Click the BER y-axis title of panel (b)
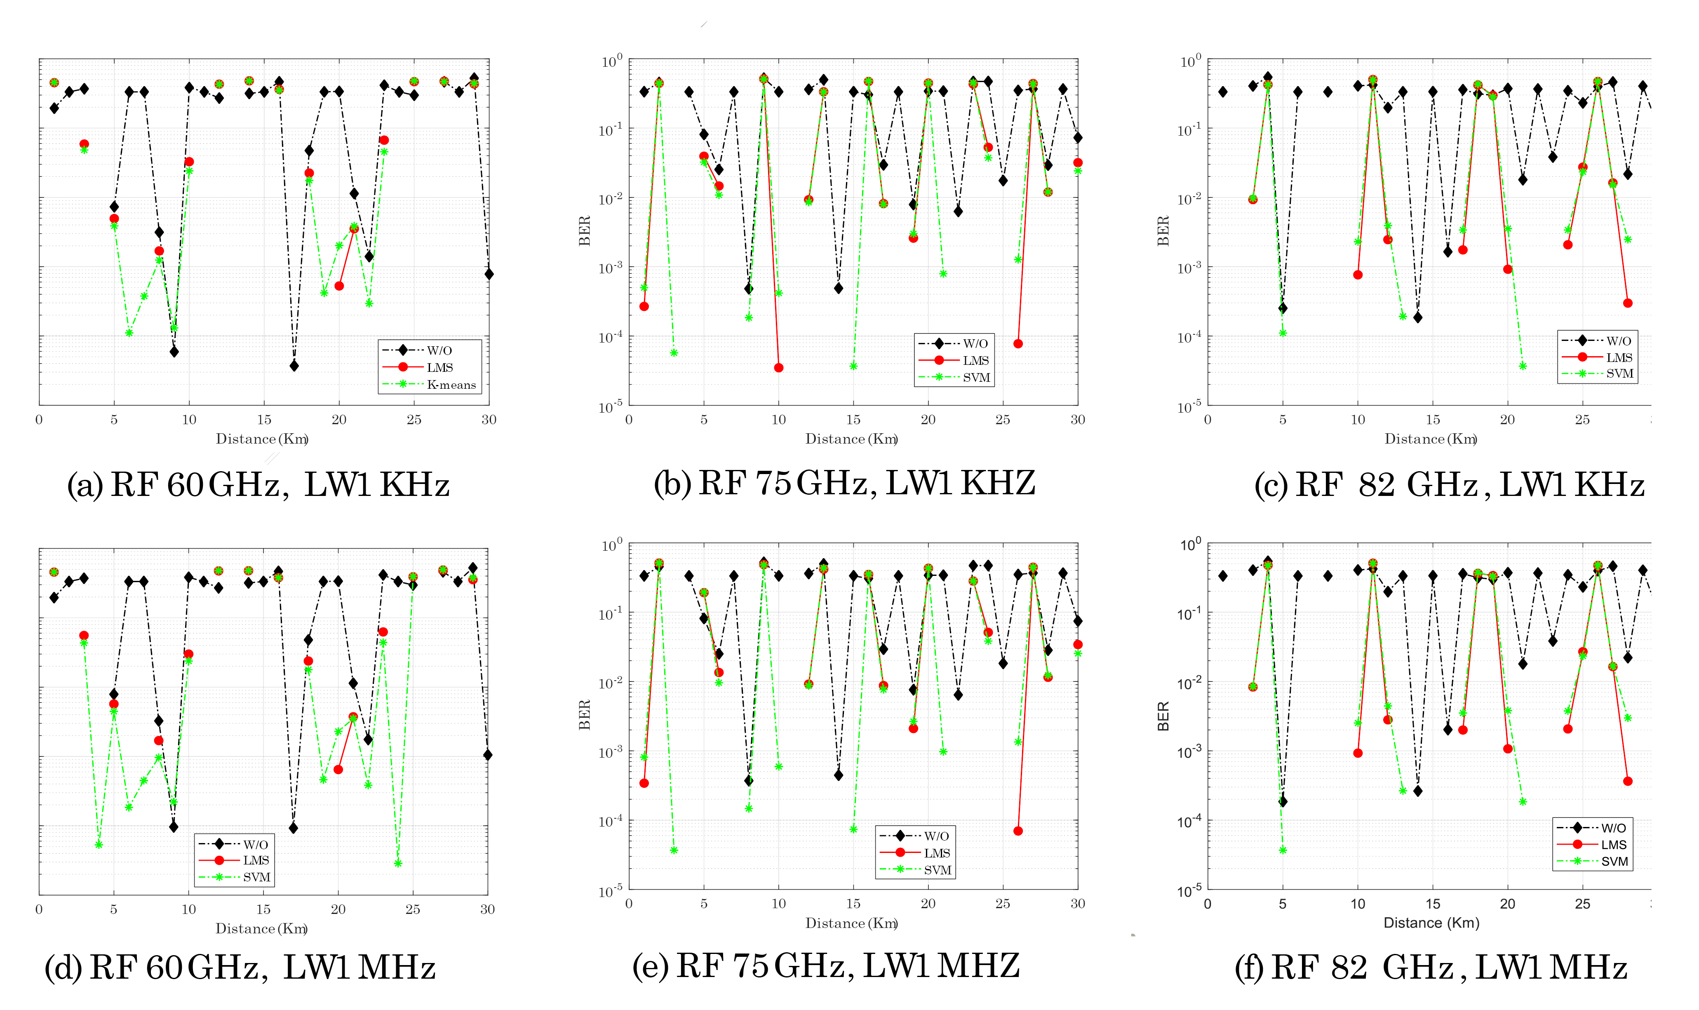(x=585, y=231)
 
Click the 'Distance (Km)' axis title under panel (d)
(x=261, y=928)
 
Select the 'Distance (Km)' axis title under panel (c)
(x=1430, y=439)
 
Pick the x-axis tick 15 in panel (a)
(x=264, y=420)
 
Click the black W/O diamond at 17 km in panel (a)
(x=294, y=366)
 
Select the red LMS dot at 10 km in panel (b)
(x=779, y=368)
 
